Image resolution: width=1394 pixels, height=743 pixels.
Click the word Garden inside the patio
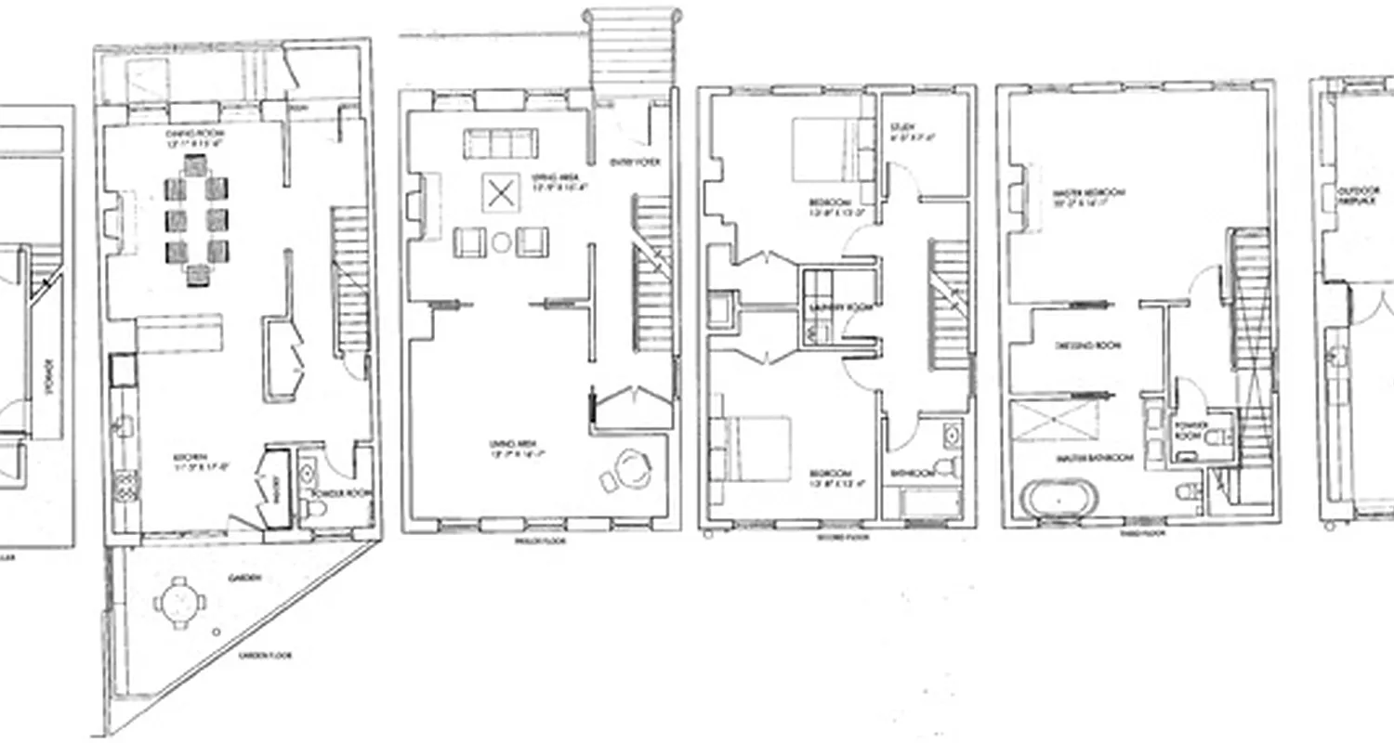point(246,578)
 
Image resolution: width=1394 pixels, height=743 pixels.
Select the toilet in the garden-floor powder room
point(315,508)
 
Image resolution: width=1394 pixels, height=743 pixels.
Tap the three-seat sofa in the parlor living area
point(501,144)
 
